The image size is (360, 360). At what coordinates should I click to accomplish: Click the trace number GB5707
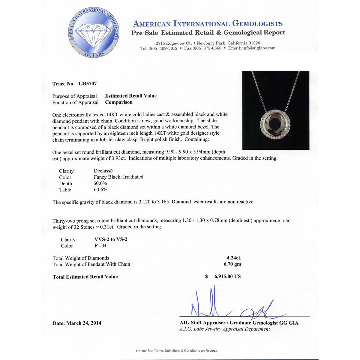88,84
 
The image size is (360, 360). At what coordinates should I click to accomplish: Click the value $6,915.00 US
223,276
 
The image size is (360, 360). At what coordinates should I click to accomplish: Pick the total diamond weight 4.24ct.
234,258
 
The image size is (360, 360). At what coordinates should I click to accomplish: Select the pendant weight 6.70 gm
232,264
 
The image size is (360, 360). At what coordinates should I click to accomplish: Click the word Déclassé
103,171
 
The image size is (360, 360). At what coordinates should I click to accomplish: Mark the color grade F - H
100,246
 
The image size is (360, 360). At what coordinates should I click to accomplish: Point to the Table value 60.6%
100,190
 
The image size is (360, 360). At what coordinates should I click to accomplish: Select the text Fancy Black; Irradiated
118,177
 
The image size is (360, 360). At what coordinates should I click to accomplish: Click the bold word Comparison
119,102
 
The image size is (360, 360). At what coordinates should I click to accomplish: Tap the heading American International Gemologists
208,24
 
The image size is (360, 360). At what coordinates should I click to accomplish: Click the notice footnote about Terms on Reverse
177,350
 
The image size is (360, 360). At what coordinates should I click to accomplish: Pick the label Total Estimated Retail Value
85,277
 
